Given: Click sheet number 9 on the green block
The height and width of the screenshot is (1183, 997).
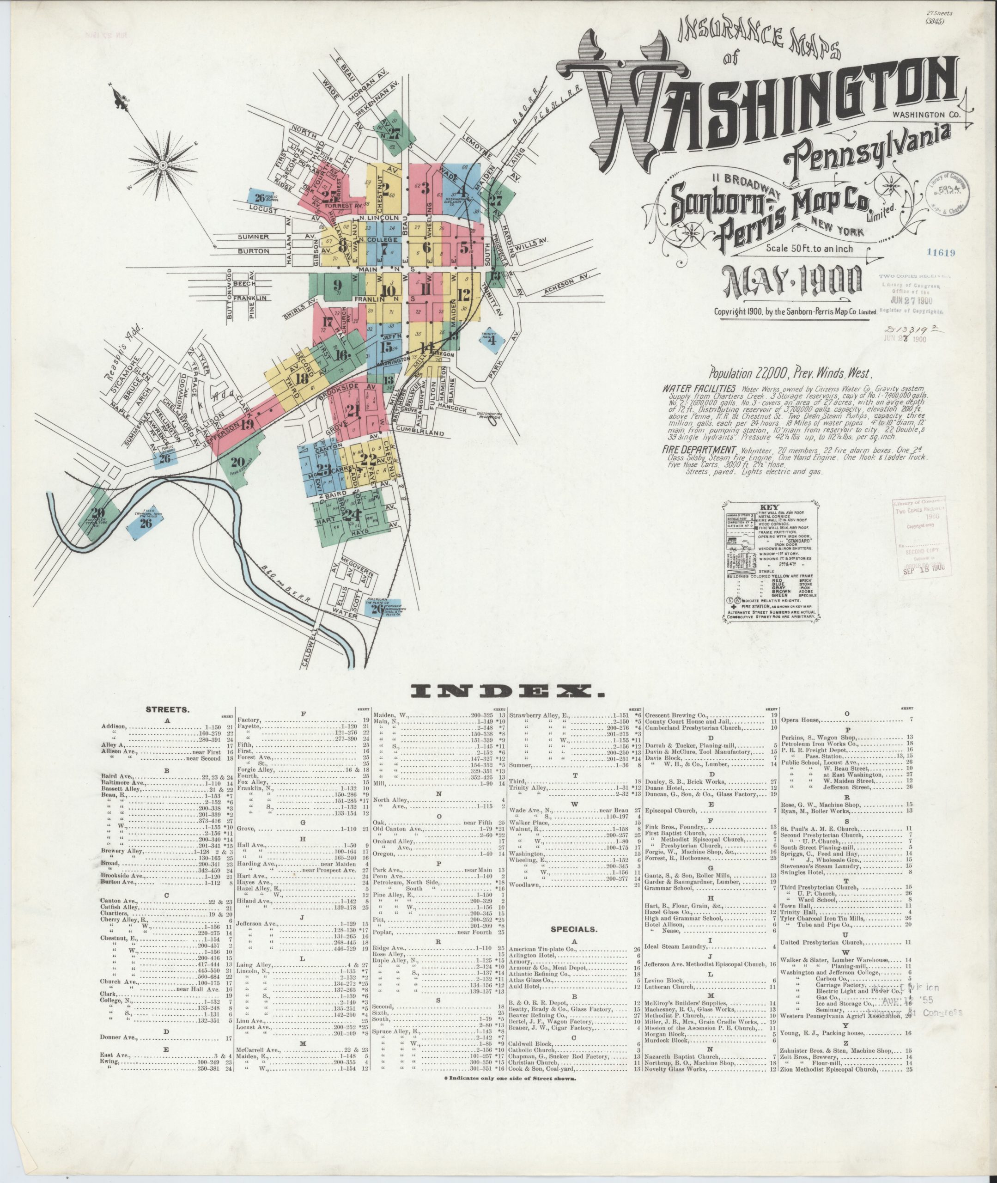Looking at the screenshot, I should click(x=338, y=285).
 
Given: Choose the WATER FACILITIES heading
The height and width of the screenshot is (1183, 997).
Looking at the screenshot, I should click(x=699, y=389).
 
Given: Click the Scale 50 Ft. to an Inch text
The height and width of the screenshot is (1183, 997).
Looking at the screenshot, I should click(x=809, y=248).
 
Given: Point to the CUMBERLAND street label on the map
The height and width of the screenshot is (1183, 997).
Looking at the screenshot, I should click(x=419, y=433).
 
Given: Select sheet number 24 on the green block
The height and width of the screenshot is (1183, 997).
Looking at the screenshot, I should click(x=352, y=515).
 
